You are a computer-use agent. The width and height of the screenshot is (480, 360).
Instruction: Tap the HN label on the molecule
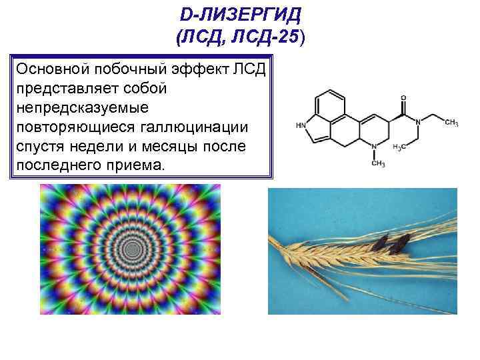[301, 125]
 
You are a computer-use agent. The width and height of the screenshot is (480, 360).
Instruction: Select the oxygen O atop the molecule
[403, 97]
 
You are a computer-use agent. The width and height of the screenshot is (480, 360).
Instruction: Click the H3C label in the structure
[401, 146]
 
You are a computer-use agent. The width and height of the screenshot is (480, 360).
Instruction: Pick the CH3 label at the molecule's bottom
[378, 163]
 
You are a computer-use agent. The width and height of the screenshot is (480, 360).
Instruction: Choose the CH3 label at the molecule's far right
[451, 122]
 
